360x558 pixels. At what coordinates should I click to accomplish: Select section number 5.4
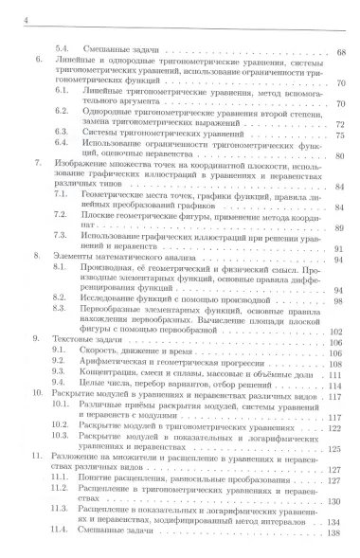click(60, 48)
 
